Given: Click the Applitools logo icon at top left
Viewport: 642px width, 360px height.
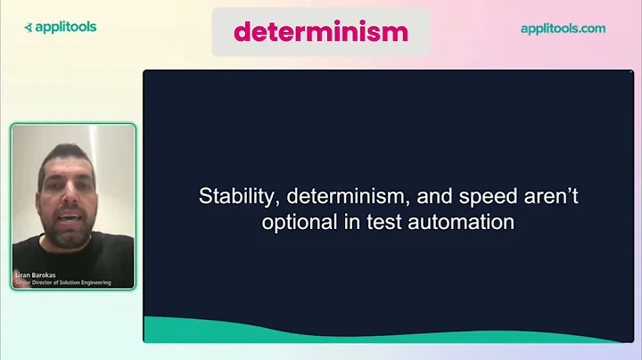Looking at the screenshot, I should (29, 28).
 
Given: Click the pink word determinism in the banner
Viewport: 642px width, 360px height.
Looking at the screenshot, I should (320, 32).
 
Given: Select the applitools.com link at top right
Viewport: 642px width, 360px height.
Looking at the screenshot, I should (563, 29).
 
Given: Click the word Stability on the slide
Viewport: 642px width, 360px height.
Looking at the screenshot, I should (229, 197).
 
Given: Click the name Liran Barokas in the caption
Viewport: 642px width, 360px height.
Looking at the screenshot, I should (36, 274).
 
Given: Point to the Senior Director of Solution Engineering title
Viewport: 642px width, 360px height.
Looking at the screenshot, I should (62, 282).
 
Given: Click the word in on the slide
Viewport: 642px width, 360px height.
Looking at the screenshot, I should (354, 223).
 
